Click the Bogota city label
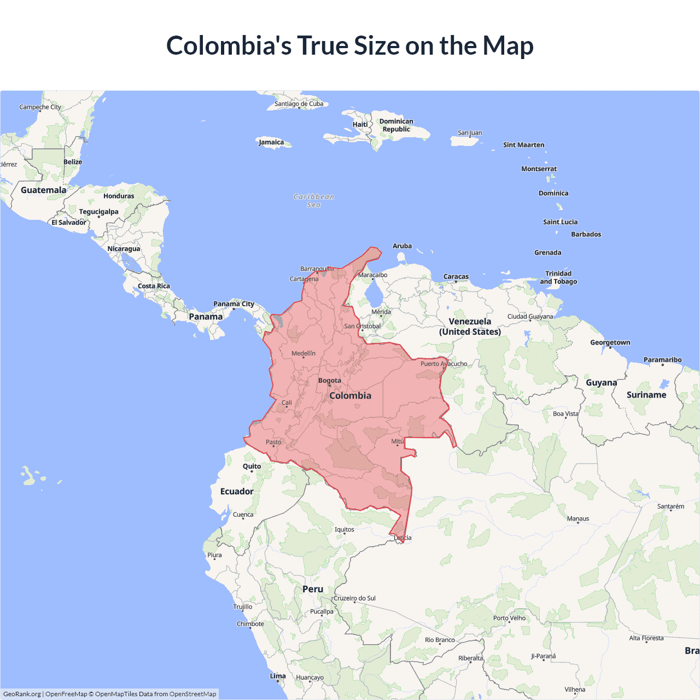click(x=330, y=381)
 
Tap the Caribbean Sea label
click(x=314, y=201)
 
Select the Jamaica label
click(x=271, y=142)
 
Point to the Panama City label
click(x=234, y=304)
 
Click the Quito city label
click(x=252, y=466)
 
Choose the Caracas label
click(x=456, y=277)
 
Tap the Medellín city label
click(x=304, y=353)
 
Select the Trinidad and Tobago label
click(x=558, y=277)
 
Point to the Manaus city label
click(x=578, y=518)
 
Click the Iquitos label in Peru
click(x=345, y=529)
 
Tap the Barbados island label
click(x=586, y=234)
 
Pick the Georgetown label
click(x=610, y=342)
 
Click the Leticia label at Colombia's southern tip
click(x=403, y=538)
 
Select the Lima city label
click(x=278, y=676)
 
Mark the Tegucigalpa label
click(x=98, y=212)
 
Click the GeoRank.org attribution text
click(x=22, y=694)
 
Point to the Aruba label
click(x=402, y=246)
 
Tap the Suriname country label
click(x=646, y=395)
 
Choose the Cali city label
click(x=287, y=402)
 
